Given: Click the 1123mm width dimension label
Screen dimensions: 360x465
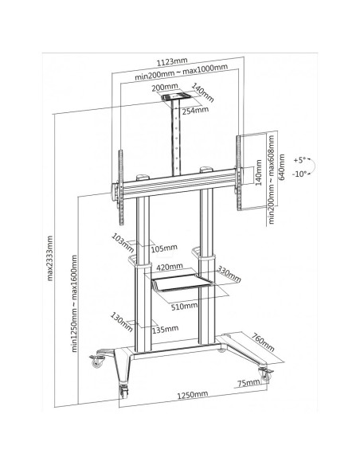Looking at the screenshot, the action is click(172, 62).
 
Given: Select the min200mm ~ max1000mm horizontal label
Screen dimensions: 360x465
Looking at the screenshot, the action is click(181, 72).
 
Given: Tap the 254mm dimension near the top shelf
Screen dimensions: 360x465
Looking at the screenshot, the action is click(195, 111).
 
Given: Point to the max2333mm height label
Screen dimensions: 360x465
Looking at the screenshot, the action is click(49, 258).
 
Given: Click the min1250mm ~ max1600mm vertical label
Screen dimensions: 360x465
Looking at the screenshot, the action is click(74, 303).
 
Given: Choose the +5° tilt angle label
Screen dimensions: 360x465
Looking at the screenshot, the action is click(299, 160).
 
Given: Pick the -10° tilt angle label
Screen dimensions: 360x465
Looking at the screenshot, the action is click(299, 174).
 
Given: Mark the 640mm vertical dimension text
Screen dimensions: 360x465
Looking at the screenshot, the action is click(282, 167).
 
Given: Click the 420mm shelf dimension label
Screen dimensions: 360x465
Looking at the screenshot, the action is click(170, 267).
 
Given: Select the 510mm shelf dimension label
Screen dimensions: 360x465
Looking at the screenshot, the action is click(184, 306).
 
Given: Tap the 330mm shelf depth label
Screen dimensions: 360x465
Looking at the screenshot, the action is click(229, 274).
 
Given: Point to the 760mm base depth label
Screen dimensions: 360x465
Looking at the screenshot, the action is click(263, 342).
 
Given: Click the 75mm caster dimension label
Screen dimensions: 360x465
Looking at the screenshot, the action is click(248, 383).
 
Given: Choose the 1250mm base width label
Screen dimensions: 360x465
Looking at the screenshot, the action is click(193, 395).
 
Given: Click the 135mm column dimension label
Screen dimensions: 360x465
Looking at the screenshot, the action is click(165, 329).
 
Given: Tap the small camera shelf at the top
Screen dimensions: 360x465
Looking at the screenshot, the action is click(175, 96).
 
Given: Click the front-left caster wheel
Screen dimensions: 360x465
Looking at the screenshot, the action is click(123, 391).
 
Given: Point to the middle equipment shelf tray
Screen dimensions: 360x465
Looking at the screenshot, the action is click(182, 283).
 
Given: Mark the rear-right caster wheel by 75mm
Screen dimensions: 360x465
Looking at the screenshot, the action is click(264, 374).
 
